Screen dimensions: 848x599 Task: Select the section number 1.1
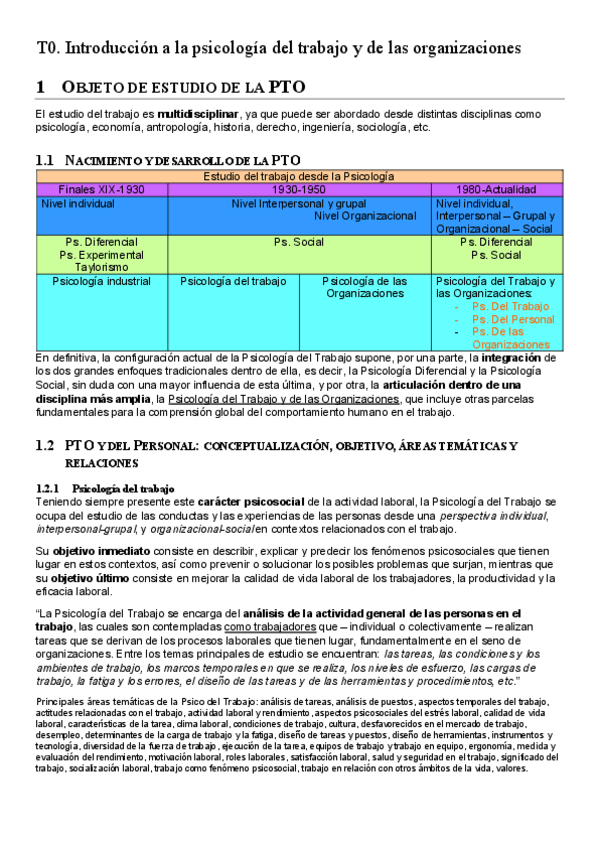pos(44,160)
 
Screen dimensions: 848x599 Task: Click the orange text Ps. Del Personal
pos(512,319)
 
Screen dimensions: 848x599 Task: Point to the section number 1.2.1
pos(50,487)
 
